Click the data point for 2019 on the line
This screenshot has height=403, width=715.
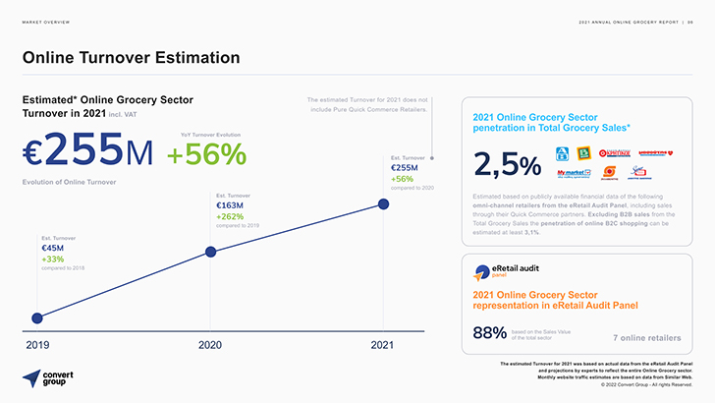click(x=37, y=317)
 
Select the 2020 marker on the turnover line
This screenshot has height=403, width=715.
click(x=210, y=252)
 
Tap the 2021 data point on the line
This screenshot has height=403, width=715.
click(x=383, y=204)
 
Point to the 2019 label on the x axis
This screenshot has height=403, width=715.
click(x=37, y=345)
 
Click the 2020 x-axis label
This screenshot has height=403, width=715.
click(x=210, y=345)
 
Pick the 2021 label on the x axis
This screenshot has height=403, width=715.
click(x=382, y=345)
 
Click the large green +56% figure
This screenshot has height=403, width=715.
click(x=205, y=154)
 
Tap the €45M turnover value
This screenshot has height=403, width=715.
click(x=53, y=249)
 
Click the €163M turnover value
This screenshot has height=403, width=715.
click(x=231, y=205)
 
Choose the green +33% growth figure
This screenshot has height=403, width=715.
click(x=53, y=259)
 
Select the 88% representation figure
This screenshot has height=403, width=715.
click(x=489, y=333)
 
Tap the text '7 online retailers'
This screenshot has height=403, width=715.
click(x=646, y=338)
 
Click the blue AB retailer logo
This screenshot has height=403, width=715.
click(x=563, y=152)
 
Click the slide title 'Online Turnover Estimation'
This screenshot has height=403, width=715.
click(x=131, y=58)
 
